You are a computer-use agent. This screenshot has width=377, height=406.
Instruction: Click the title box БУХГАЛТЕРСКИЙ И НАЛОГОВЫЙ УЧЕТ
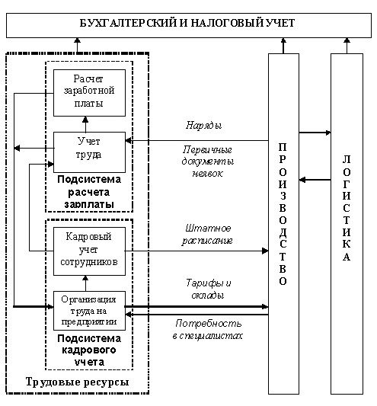pyautogui.click(x=189, y=25)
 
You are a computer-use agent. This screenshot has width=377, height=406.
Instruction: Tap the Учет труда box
pyautogui.click(x=89, y=152)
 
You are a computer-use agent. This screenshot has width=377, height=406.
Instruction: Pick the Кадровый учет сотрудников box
pyautogui.click(x=89, y=251)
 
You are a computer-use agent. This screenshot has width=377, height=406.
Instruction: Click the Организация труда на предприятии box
pyautogui.click(x=89, y=311)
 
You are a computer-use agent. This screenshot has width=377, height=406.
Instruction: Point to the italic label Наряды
pyautogui.click(x=204, y=126)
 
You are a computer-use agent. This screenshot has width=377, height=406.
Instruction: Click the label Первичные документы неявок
pyautogui.click(x=207, y=161)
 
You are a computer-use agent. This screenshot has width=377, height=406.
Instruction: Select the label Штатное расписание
pyautogui.click(x=207, y=235)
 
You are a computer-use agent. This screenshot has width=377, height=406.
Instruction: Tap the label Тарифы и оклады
pyautogui.click(x=208, y=289)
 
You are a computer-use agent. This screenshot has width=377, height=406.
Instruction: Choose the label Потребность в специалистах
pyautogui.click(x=208, y=329)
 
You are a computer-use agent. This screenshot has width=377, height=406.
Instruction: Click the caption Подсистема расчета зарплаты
pyautogui.click(x=89, y=192)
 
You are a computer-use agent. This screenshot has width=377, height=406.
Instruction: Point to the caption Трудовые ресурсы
pyautogui.click(x=77, y=382)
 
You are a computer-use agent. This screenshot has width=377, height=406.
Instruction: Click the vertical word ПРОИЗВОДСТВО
pyautogui.click(x=283, y=214)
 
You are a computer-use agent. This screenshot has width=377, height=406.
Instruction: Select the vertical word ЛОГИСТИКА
pyautogui.click(x=347, y=208)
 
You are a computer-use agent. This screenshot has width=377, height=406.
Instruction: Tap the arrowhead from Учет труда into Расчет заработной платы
pyautogui.click(x=85, y=120)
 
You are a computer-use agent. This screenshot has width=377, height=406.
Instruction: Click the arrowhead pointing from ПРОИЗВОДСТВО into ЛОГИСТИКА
pyautogui.click(x=328, y=133)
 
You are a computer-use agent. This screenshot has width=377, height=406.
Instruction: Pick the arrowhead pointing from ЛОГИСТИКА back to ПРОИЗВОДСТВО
pyautogui.click(x=302, y=180)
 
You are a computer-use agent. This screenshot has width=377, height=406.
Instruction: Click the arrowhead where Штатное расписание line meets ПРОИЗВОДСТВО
pyautogui.click(x=265, y=251)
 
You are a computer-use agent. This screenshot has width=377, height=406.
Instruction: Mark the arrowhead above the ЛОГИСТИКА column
pyautogui.click(x=347, y=40)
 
